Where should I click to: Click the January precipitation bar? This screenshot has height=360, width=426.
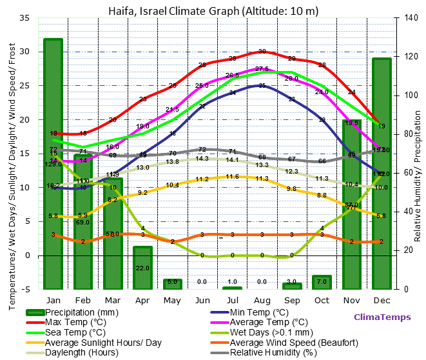(x=53, y=161)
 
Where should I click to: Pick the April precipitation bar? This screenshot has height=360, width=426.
(x=142, y=267)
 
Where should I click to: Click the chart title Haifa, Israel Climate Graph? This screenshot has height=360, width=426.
(x=213, y=10)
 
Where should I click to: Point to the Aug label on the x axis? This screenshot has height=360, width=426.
(x=262, y=301)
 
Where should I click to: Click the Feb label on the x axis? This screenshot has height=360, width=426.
(x=82, y=301)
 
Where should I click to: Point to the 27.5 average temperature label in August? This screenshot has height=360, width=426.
(x=262, y=69)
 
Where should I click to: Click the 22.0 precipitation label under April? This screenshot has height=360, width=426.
(x=142, y=268)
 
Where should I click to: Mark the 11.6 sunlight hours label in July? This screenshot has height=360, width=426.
(x=232, y=177)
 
